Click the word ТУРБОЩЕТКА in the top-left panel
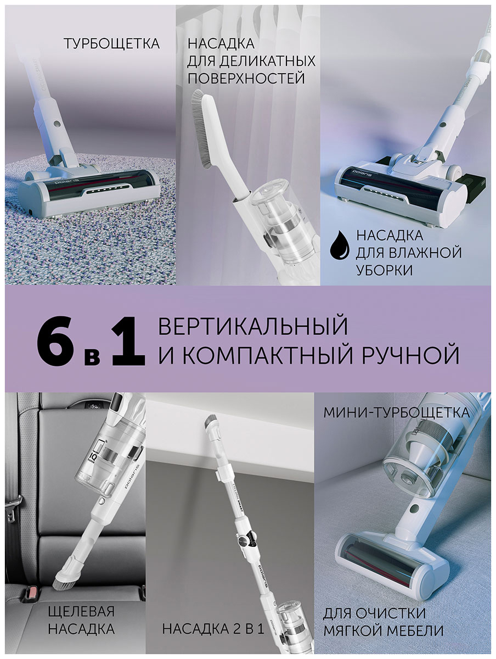111,44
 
